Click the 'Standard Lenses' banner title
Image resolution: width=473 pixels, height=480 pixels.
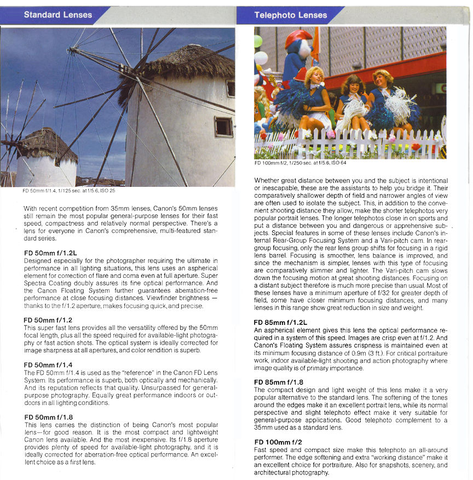[58, 15]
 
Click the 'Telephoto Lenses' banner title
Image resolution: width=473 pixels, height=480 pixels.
[290, 15]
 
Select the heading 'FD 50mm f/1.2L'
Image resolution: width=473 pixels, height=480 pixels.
[51, 253]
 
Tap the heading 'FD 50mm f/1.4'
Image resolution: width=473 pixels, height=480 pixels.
[48, 364]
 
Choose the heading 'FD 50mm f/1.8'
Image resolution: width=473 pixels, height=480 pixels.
[48, 416]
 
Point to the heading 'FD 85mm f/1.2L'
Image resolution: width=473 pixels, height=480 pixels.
[280, 323]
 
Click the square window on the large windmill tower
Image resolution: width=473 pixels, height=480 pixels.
[223, 127]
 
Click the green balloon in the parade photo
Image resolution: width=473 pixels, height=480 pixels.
[258, 41]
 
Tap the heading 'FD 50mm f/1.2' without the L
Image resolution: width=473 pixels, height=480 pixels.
[48, 319]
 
